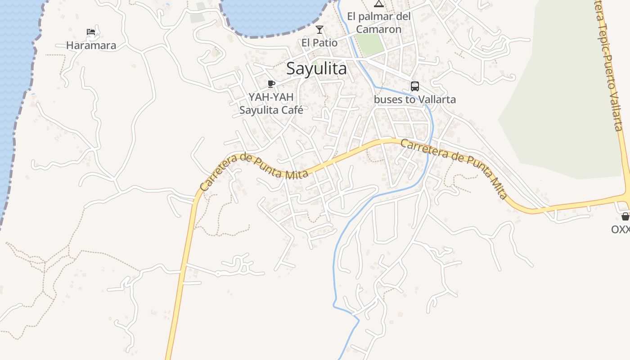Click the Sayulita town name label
316,69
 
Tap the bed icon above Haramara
91,32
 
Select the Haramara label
91,45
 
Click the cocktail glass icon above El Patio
319,30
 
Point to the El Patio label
319,43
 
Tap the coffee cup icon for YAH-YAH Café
271,84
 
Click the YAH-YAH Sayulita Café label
271,103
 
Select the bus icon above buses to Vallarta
415,86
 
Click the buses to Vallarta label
415,99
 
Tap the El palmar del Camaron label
379,23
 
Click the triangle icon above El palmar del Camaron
379,4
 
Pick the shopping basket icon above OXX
625,216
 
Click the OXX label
620,229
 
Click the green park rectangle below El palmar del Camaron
370,45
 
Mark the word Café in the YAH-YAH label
291,110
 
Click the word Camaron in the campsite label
379,29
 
